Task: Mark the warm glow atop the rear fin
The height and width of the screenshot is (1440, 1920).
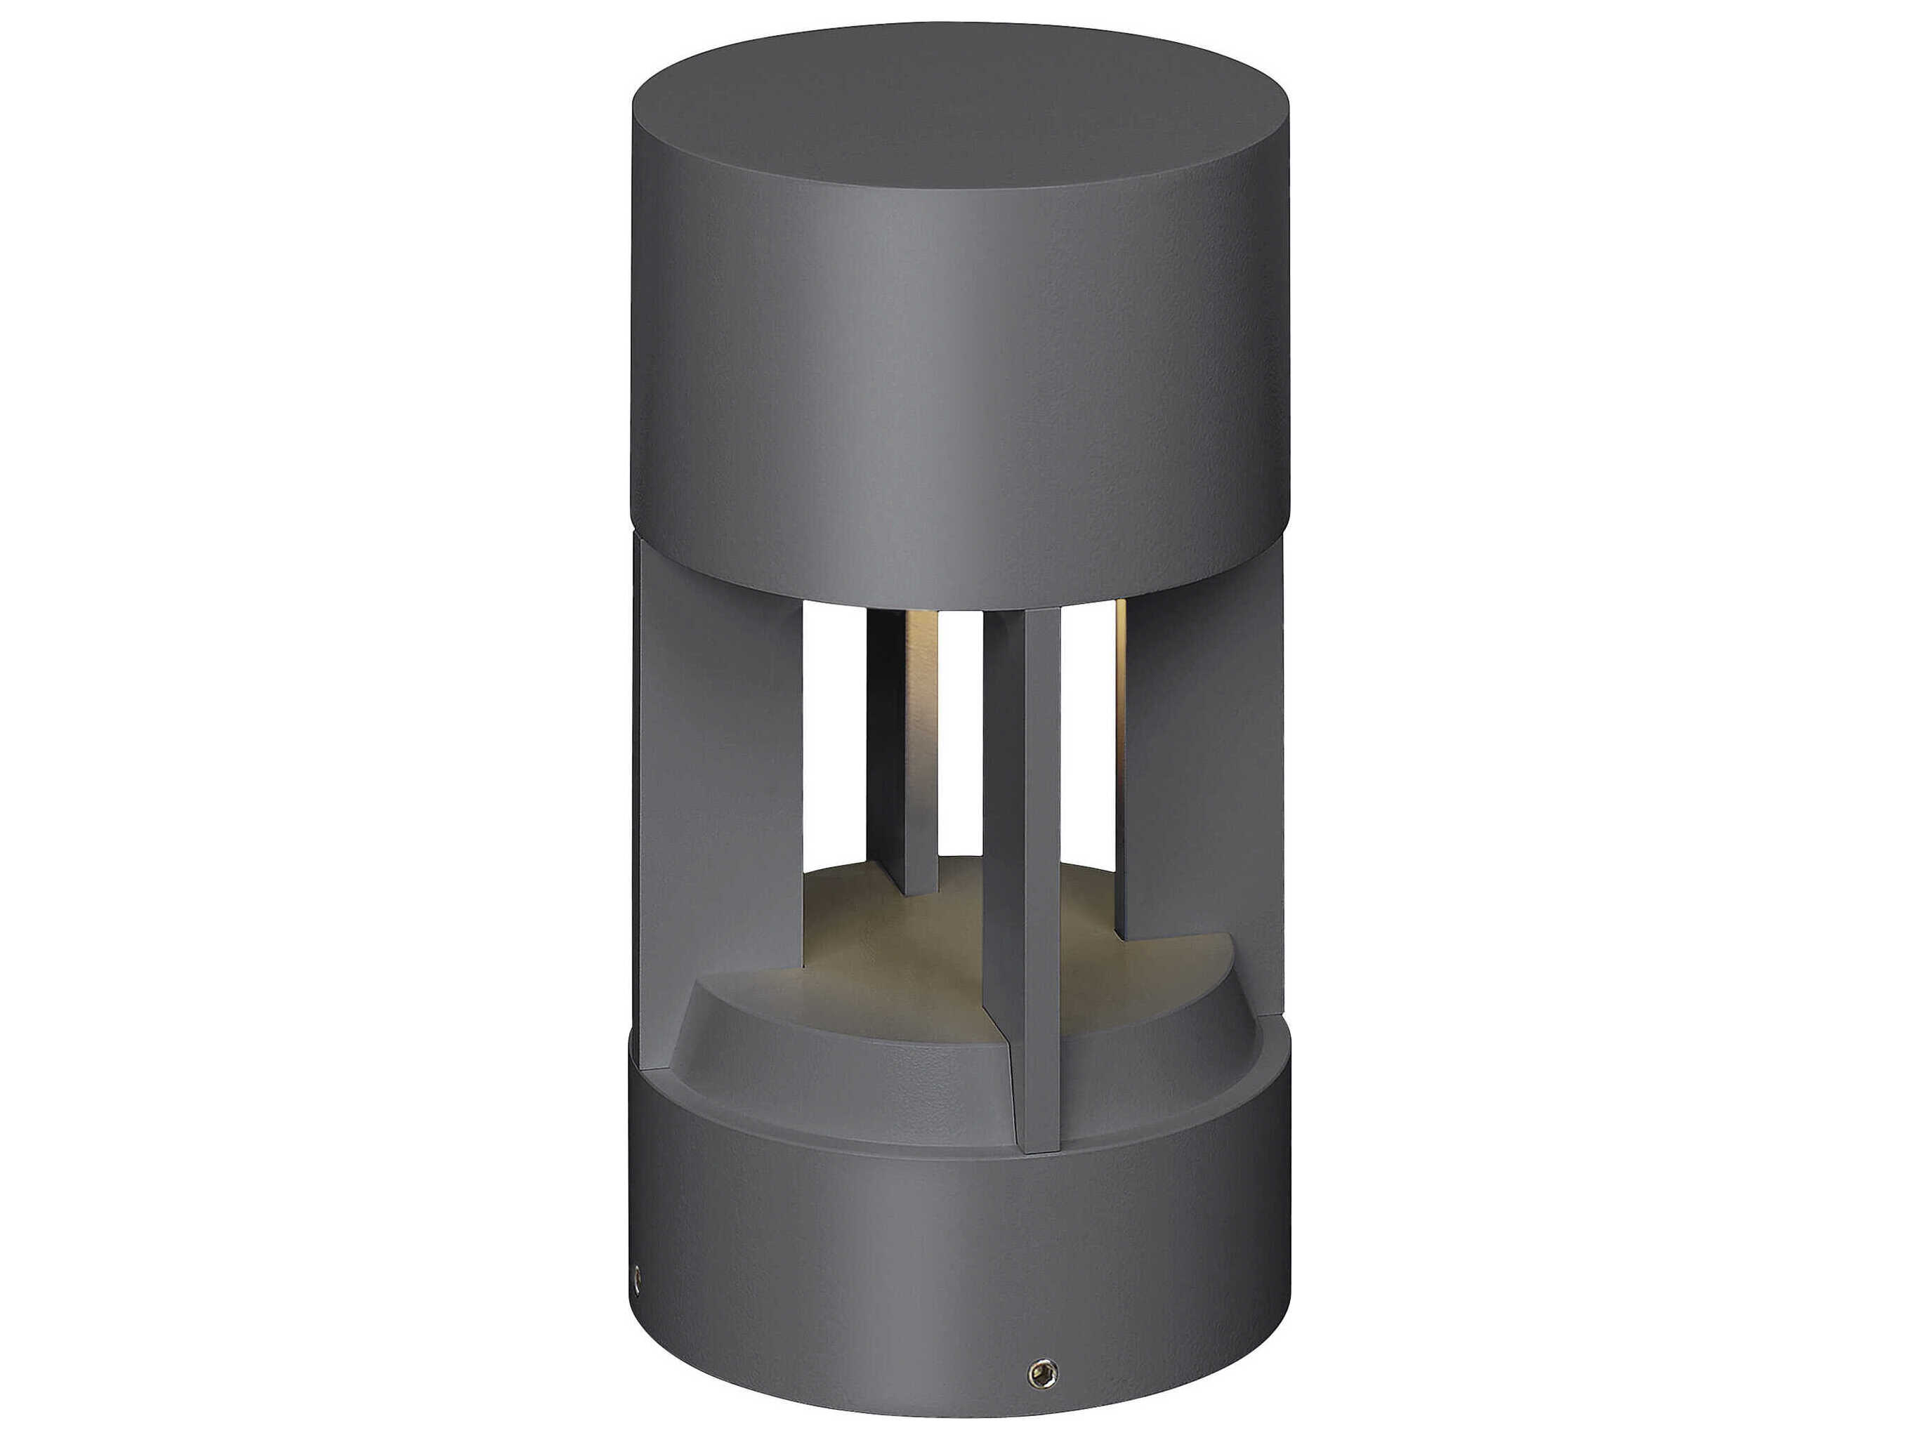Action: coord(920,660)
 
